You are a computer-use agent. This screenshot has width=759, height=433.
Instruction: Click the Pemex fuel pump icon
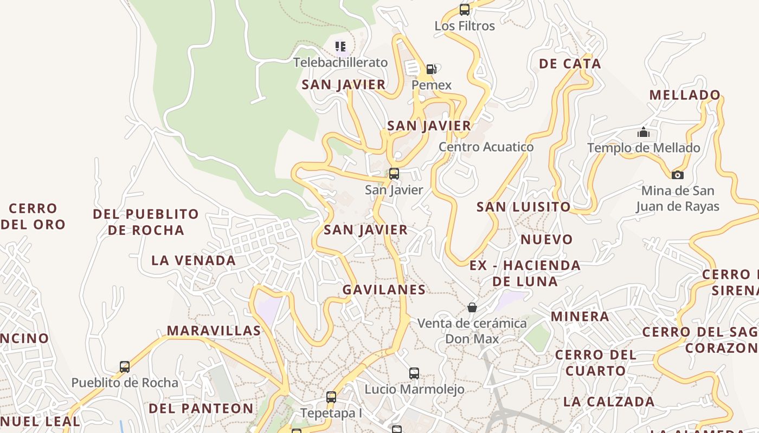tap(431, 69)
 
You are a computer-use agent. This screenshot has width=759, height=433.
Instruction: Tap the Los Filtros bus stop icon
tap(465, 9)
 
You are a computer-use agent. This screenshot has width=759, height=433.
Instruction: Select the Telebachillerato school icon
tap(340, 47)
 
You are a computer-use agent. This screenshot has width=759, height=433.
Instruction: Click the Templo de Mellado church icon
tap(644, 132)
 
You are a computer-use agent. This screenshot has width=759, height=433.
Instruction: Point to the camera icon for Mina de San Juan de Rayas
tap(677, 175)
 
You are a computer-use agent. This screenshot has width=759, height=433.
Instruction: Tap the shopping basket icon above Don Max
tap(472, 307)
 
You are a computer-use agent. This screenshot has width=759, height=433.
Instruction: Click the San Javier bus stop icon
tap(394, 174)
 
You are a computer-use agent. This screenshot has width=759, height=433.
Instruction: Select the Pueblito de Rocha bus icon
tap(125, 367)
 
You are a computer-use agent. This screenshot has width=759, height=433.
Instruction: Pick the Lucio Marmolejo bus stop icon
tap(414, 373)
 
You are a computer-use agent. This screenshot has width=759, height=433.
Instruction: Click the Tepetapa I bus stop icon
tap(331, 397)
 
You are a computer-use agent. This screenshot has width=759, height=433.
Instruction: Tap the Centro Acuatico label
tap(486, 147)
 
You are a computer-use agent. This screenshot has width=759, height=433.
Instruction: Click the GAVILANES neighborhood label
tap(384, 290)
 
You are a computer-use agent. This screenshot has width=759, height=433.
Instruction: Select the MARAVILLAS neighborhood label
tap(214, 330)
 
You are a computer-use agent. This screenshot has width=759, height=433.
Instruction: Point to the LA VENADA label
tap(194, 260)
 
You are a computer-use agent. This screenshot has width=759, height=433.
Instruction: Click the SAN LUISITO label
tap(523, 207)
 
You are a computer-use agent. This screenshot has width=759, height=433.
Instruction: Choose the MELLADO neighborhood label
tap(685, 95)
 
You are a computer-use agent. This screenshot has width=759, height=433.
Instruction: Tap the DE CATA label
tap(570, 64)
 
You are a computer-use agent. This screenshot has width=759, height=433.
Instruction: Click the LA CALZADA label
tap(609, 402)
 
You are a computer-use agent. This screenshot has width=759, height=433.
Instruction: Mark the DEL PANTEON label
tap(201, 408)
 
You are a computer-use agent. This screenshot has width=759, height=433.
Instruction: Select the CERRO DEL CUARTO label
tap(595, 363)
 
